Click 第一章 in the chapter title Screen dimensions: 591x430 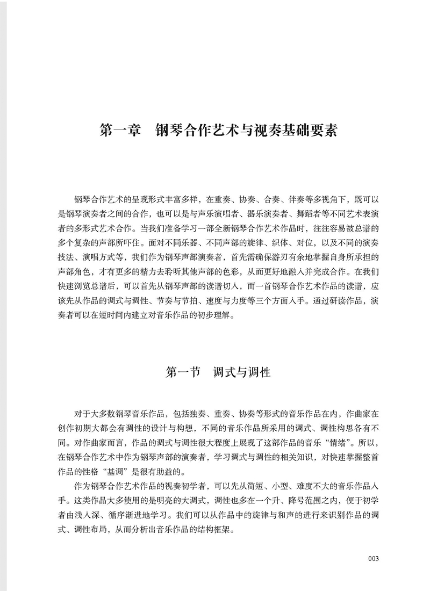(119, 131)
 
